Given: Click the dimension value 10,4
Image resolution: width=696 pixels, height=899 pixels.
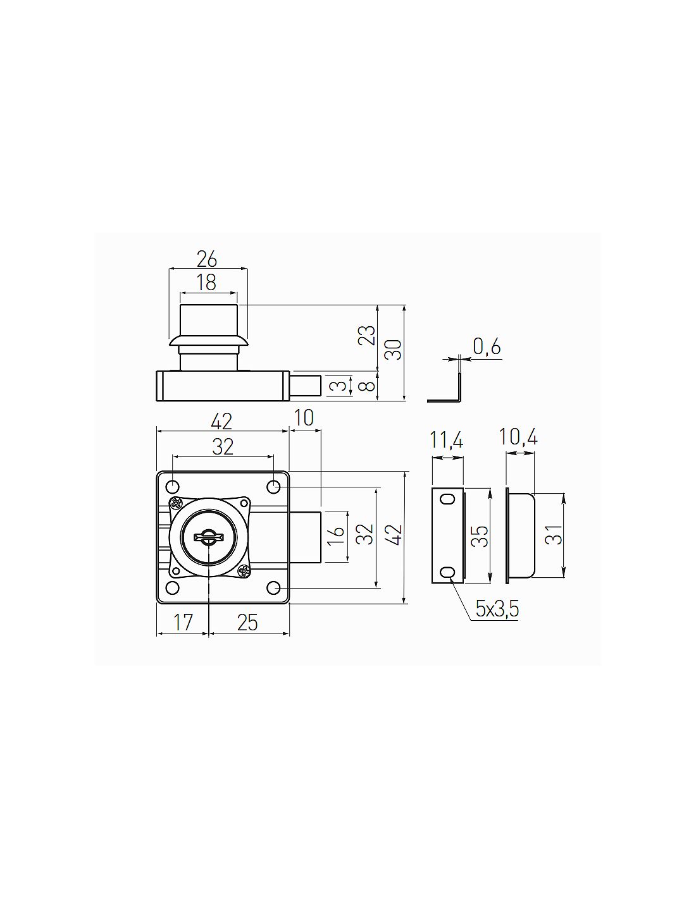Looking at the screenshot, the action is coord(518,437).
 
